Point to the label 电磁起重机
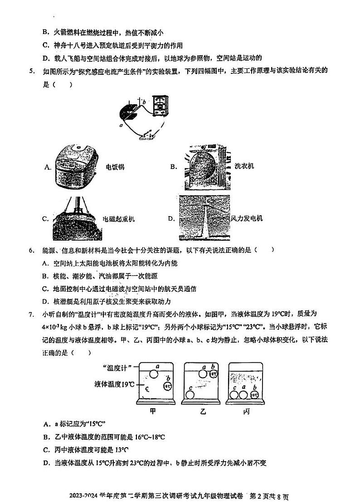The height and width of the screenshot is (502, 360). pos(119,219)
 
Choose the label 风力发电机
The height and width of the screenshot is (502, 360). pos(247,219)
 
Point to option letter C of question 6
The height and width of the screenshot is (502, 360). pos(45,289)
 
